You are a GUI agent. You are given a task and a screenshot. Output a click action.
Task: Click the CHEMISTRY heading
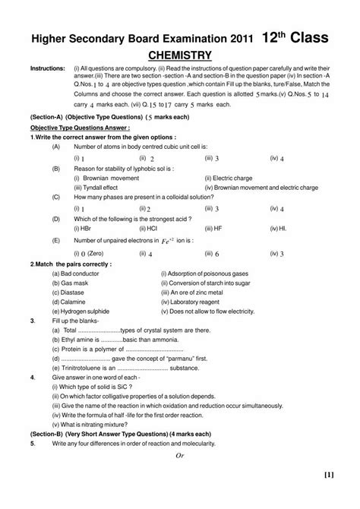coord(178,55)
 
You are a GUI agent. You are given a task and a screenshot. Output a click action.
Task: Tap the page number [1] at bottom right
coord(327,497)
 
